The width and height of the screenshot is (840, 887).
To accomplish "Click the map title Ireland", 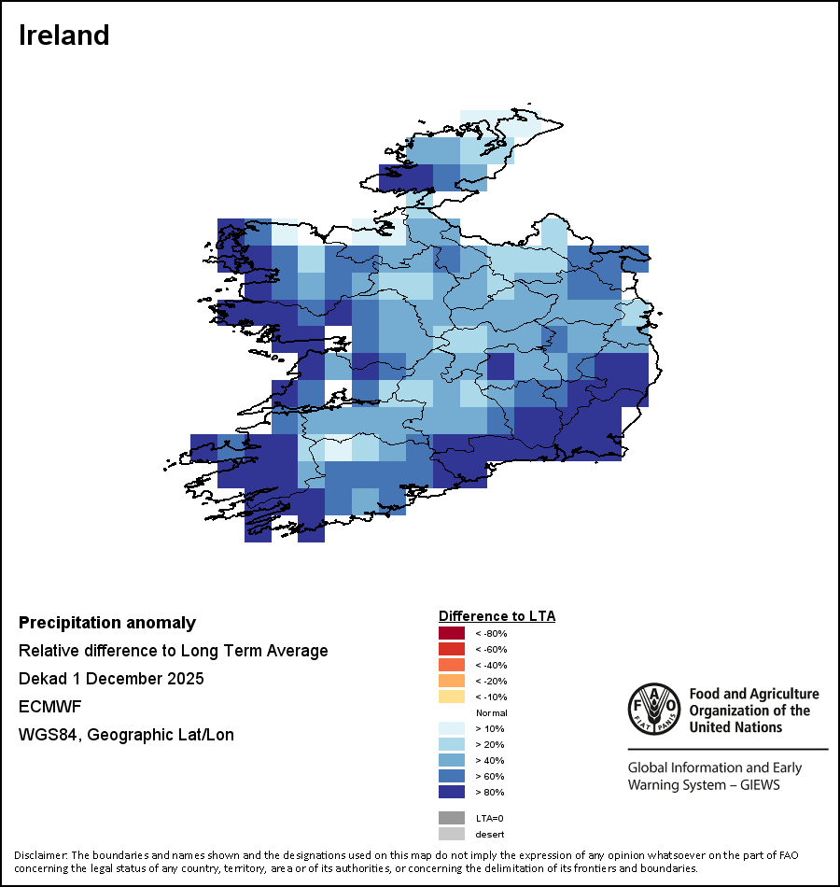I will point(64,35).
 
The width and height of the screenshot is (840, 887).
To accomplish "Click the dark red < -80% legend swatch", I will point(451,634).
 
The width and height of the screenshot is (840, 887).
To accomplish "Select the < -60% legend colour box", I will point(451,650).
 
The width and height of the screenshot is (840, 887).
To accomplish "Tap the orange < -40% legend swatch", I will point(451,666).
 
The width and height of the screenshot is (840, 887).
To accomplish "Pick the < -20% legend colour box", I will point(451,682).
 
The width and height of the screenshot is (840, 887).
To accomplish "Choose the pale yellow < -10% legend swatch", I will point(451,697).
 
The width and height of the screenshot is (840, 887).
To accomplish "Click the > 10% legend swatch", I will point(451,729).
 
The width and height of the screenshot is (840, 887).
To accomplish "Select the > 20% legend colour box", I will point(451,745).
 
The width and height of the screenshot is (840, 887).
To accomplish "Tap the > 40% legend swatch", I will point(451,761).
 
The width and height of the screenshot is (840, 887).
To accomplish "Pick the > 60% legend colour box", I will point(451,777).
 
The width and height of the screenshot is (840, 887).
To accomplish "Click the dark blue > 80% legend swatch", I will point(451,793).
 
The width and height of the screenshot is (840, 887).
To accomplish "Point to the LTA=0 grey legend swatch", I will point(451,818).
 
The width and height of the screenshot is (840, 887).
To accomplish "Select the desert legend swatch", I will point(451,834).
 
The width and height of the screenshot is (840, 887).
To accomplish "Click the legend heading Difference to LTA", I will point(497,616).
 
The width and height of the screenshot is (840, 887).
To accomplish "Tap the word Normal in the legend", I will point(491,713).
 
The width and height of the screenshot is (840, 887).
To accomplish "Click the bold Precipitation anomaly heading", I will point(107,623).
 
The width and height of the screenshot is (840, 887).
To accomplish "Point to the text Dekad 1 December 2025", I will point(111,679).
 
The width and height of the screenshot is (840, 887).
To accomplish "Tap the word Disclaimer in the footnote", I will point(41,855).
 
